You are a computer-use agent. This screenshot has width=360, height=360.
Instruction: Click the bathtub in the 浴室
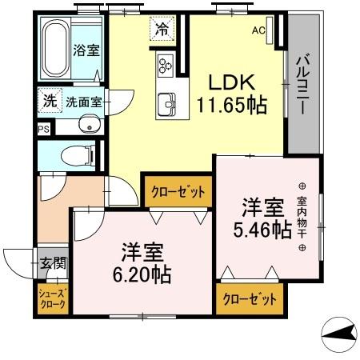(54, 48)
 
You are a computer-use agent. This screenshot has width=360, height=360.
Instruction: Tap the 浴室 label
(86, 50)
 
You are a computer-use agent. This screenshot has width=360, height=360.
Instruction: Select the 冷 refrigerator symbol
(162, 30)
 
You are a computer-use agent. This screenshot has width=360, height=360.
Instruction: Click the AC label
(258, 31)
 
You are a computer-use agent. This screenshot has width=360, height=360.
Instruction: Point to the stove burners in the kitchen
(166, 64)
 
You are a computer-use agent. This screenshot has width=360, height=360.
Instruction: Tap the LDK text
(233, 82)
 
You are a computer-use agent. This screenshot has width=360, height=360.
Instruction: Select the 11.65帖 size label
(233, 105)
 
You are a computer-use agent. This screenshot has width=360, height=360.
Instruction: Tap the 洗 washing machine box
(50, 102)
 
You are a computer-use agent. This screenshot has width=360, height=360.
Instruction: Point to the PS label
(42, 128)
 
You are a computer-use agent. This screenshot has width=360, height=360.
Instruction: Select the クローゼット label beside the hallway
(177, 192)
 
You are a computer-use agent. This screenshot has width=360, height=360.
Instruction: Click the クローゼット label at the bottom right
(250, 299)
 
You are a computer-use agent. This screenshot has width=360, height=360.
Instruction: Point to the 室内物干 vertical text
(302, 216)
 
